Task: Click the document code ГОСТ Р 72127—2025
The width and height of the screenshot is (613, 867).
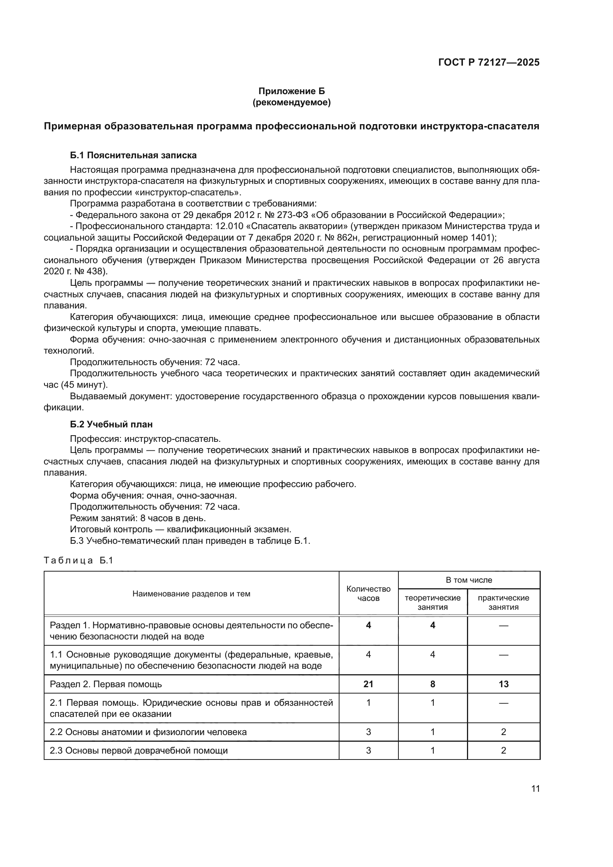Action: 489,62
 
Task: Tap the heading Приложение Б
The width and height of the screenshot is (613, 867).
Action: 291,91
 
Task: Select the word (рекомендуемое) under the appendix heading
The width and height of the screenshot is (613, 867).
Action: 291,102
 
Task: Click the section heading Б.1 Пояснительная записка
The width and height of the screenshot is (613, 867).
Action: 133,155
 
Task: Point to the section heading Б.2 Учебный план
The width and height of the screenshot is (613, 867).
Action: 111,424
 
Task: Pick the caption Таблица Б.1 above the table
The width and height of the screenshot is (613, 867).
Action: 79,560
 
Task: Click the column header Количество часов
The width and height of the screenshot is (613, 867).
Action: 368,593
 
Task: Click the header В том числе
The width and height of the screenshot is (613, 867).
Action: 469,580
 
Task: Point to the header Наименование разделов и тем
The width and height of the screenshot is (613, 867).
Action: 191,593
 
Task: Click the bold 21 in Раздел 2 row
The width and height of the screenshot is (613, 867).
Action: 368,684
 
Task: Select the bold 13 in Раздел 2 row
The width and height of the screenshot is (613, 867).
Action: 503,684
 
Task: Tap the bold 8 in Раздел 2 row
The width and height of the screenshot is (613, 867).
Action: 433,684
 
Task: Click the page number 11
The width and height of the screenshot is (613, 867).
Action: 535,788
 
